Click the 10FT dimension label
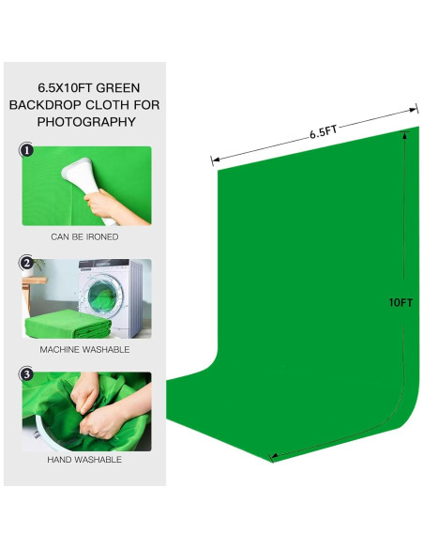pos(401,302)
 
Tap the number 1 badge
pos(27,150)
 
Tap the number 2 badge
pos(27,263)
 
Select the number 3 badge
pos(27,375)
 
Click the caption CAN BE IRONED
pos(84,237)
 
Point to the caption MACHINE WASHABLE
pos(84,349)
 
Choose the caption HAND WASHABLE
pos(84,460)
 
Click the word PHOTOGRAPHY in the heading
pos(85,122)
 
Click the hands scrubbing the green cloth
pos(89,408)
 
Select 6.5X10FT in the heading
pos(64,87)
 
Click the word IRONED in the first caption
pos(101,237)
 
